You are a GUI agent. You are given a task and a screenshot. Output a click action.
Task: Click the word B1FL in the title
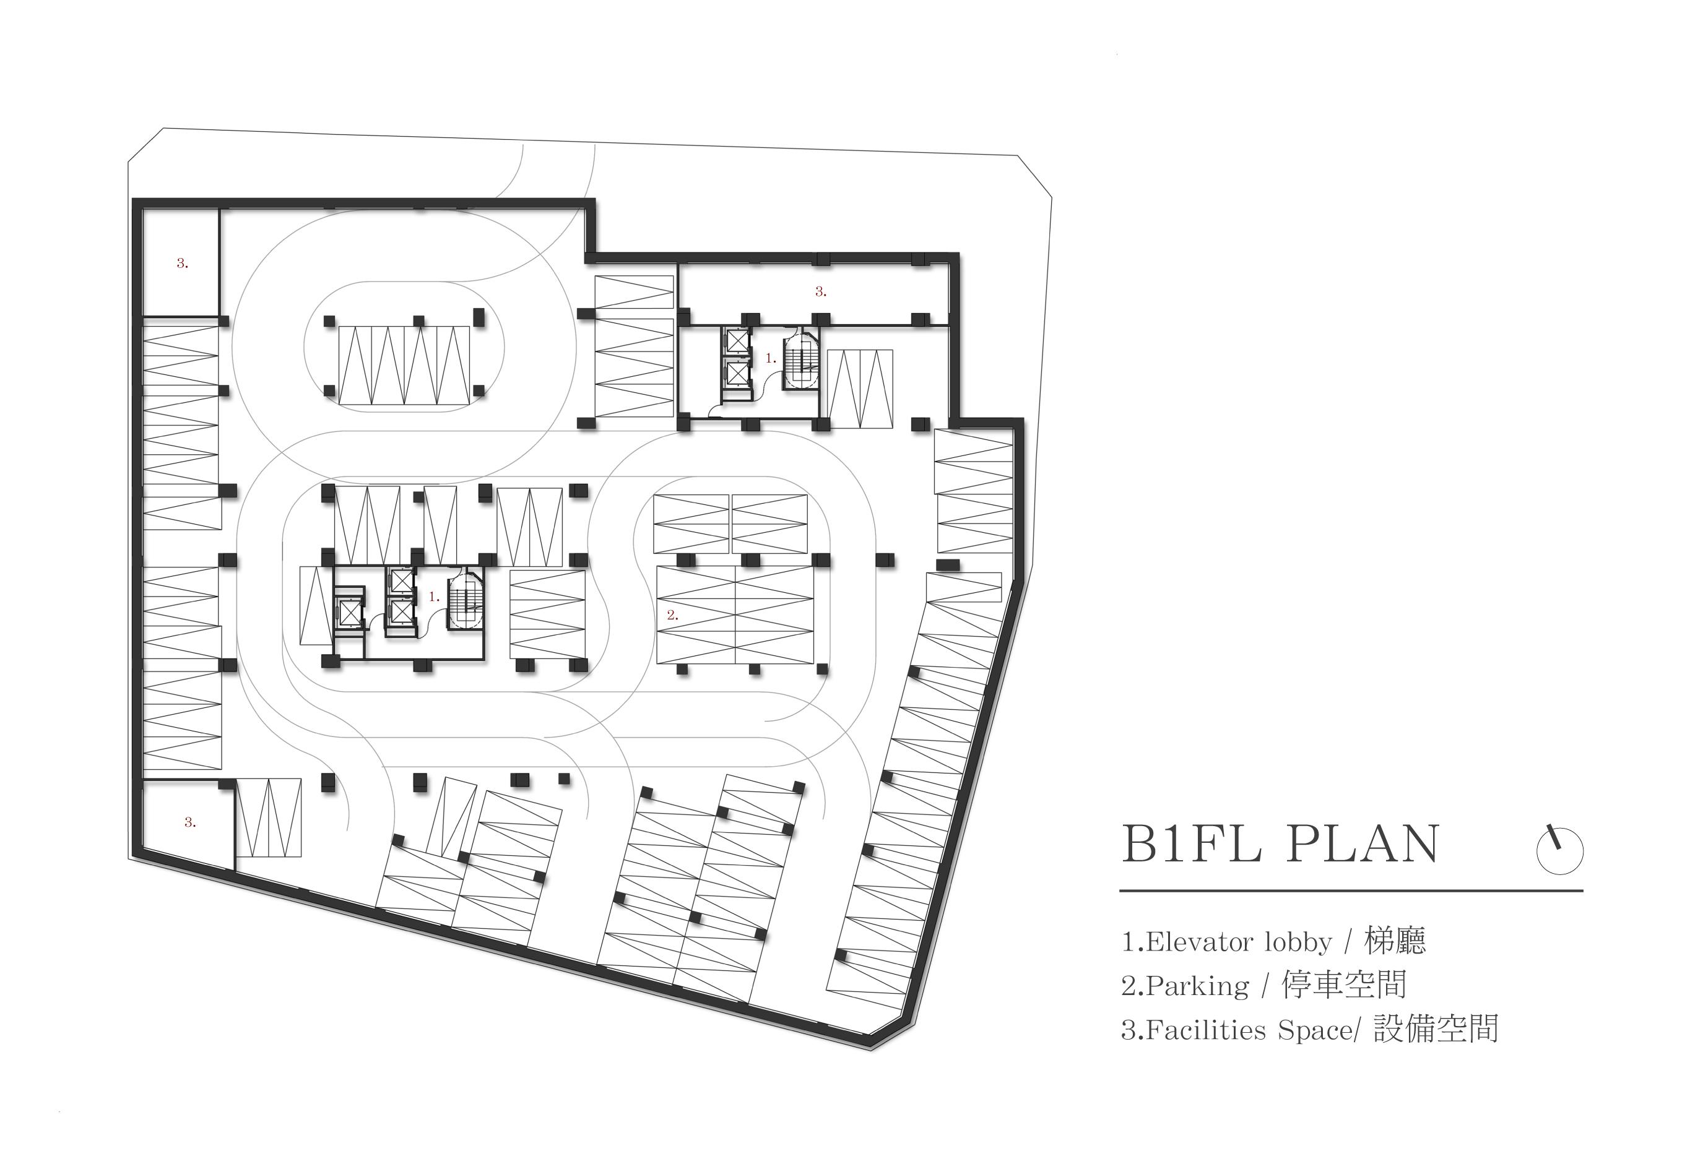coord(1192,845)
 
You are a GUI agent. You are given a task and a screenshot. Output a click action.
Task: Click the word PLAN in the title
coord(1363,845)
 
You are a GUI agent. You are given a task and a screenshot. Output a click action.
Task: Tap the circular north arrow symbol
coord(1559,849)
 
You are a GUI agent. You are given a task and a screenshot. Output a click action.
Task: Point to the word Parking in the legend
coord(1197,985)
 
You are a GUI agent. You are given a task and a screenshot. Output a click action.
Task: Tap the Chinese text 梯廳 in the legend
coord(1395,941)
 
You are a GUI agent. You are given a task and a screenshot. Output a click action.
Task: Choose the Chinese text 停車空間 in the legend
coord(1344,985)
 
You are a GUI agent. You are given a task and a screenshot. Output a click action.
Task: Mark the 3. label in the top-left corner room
coord(183,264)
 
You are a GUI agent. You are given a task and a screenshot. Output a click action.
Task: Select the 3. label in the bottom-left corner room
coord(190,822)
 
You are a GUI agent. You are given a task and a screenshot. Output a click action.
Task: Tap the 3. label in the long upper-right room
coord(821,291)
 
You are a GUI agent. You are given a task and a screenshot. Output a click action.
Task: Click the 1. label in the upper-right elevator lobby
coord(770,358)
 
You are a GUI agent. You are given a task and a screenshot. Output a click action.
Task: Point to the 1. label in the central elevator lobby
coord(434,597)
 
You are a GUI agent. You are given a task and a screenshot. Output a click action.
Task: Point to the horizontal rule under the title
coord(1351,891)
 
